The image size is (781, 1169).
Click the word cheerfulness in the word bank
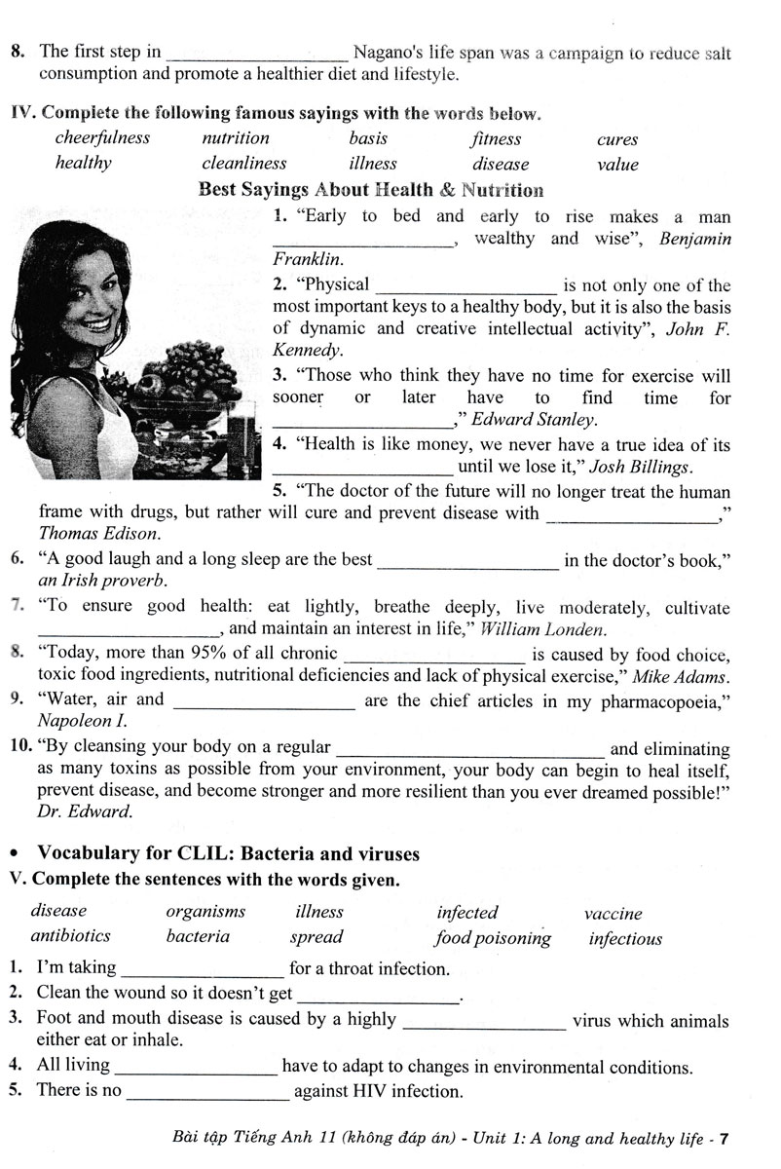tap(102, 138)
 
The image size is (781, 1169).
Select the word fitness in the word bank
tap(497, 139)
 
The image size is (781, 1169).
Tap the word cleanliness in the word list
tap(244, 164)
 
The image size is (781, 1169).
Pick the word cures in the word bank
tap(617, 139)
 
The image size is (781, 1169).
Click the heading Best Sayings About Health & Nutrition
tap(370, 190)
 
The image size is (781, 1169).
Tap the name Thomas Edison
tap(99, 534)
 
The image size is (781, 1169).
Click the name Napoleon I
tap(82, 722)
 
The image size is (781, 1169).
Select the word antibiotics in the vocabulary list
tap(71, 935)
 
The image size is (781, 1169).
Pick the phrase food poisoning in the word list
tap(493, 938)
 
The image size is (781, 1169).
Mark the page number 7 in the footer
tap(725, 1138)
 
